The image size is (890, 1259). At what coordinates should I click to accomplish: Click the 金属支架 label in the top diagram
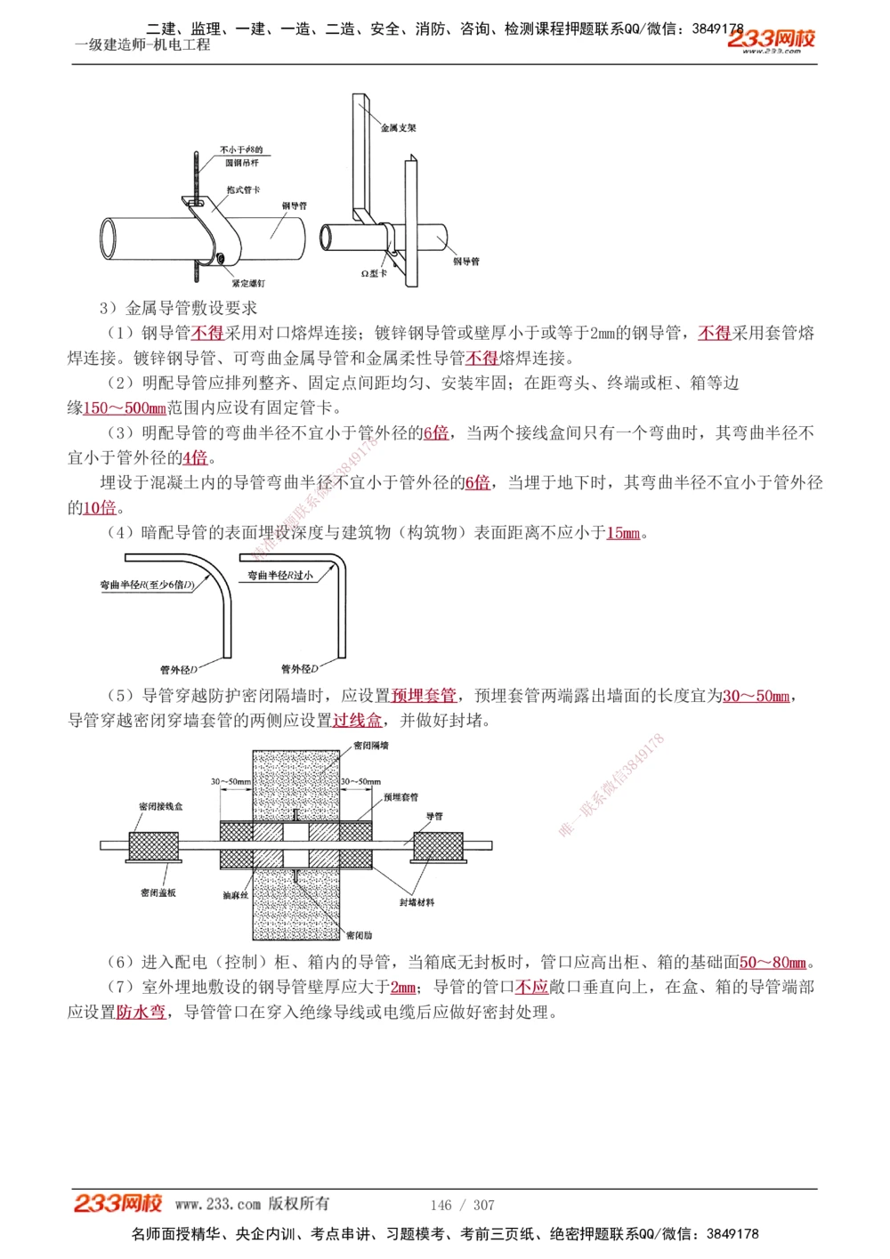tap(398, 128)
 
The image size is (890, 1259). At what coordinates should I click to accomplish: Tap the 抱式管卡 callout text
tap(242, 190)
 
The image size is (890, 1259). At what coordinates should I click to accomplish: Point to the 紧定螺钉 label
tap(248, 283)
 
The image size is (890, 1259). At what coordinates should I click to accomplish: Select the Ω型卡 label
tap(374, 273)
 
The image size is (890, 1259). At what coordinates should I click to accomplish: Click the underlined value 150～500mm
tap(125, 408)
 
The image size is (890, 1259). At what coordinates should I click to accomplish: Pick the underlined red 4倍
tap(195, 458)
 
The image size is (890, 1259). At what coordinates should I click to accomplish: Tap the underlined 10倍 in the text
tap(100, 508)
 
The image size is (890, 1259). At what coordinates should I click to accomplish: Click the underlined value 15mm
tap(623, 533)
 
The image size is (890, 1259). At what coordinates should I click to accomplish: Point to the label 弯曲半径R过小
tap(280, 576)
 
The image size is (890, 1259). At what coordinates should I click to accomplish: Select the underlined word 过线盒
tap(357, 721)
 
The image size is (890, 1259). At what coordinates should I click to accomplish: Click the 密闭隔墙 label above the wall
tap(371, 746)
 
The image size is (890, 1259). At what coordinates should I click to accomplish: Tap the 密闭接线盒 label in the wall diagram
tap(160, 806)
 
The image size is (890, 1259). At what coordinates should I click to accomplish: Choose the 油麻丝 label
tap(235, 895)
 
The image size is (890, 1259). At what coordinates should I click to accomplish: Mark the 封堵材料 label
tap(417, 902)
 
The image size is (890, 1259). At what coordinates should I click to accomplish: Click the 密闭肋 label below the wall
tap(360, 935)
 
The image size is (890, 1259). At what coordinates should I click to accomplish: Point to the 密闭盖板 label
tap(158, 892)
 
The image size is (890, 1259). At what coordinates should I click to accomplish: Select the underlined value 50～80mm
tap(773, 963)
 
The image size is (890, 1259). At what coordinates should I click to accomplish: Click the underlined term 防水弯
tap(141, 1013)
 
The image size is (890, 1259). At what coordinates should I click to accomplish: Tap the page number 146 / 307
tap(462, 1205)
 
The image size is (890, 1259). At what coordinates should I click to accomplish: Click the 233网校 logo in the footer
tap(118, 1204)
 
